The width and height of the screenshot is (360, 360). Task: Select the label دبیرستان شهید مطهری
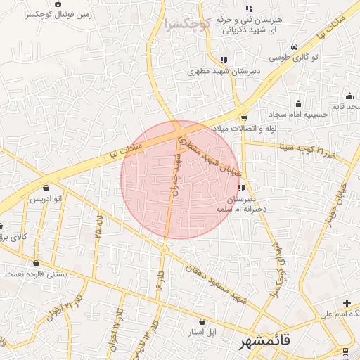click(222, 71)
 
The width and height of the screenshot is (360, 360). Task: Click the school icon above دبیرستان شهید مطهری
click(223, 60)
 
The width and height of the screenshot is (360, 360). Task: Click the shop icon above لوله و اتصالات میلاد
click(243, 118)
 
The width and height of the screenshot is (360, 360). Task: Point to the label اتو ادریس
click(46, 200)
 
